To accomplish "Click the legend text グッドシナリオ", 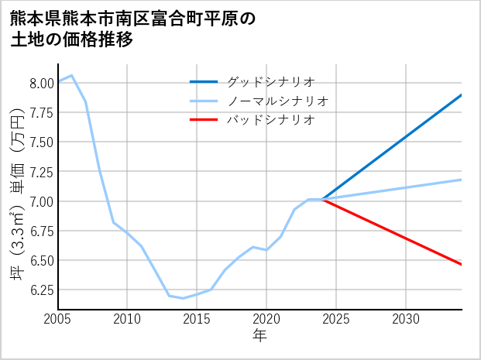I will [270, 81].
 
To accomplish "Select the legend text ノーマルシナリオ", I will [277, 100].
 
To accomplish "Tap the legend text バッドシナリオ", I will [270, 119].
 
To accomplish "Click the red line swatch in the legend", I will [204, 119].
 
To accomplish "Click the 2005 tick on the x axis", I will [58, 319].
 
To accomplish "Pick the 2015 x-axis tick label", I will [197, 319].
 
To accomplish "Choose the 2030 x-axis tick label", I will [406, 319].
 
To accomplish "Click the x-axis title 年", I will [259, 336].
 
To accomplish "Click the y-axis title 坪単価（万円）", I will [17, 194].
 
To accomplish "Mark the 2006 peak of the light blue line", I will [72, 75].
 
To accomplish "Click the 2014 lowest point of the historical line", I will [183, 298].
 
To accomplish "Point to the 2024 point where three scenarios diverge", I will [322, 200].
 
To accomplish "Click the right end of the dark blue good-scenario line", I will [462, 94].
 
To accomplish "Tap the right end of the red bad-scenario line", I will [462, 265].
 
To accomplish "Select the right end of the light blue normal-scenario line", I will [462, 180].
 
